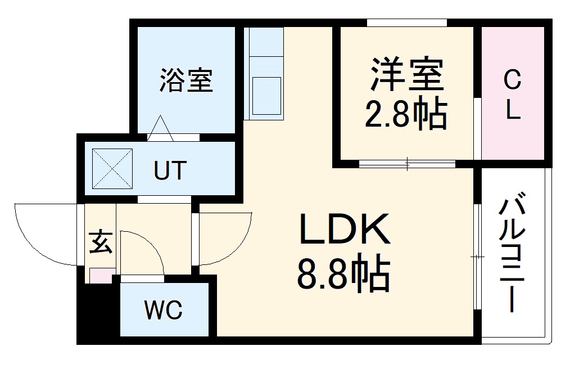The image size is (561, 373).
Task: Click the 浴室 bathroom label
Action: [186, 80]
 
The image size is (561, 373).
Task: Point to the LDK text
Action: [345, 229]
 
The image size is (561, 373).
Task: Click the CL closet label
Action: [512, 94]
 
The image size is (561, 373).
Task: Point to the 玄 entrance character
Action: [100, 242]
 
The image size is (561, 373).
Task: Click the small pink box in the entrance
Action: [101, 276]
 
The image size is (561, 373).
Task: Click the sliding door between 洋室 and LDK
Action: [407, 164]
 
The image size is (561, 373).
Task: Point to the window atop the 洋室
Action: [407, 23]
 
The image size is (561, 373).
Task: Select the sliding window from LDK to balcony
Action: [477, 257]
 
